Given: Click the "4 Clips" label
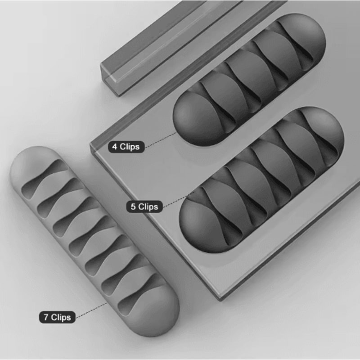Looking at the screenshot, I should [x=126, y=147].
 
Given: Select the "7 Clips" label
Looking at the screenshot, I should [x=57, y=317].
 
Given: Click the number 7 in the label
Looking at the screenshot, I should [x=46, y=317].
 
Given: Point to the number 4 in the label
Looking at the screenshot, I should [x=115, y=147].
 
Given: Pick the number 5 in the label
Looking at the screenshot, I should [x=133, y=207].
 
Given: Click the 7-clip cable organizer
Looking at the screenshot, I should [x=94, y=243].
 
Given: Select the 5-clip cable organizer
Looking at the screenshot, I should [x=261, y=180].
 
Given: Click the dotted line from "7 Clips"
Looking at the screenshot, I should [x=92, y=310].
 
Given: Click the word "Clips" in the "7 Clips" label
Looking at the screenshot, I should [x=61, y=317].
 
